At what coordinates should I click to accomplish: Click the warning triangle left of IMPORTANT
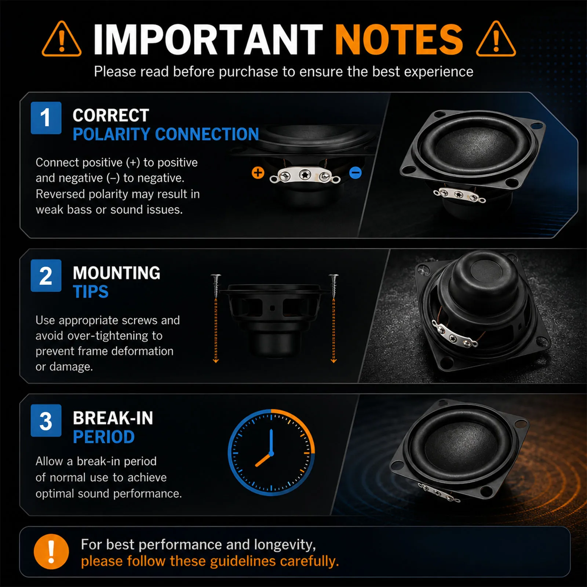62,39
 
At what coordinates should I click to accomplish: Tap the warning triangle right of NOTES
496,39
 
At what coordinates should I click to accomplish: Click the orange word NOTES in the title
399,39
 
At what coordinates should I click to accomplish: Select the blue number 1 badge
46,118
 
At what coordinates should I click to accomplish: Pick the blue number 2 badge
46,276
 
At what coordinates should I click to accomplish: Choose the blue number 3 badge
46,420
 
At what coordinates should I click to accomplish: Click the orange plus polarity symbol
258,172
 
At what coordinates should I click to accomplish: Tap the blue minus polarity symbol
356,172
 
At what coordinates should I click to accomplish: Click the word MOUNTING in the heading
117,273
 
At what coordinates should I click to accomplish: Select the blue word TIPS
91,292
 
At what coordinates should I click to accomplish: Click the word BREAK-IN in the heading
113,418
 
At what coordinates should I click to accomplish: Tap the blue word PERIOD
104,437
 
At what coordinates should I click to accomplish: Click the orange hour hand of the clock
263,460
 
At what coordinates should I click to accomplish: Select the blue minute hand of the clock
271,442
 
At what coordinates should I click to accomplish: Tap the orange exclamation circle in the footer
51,551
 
